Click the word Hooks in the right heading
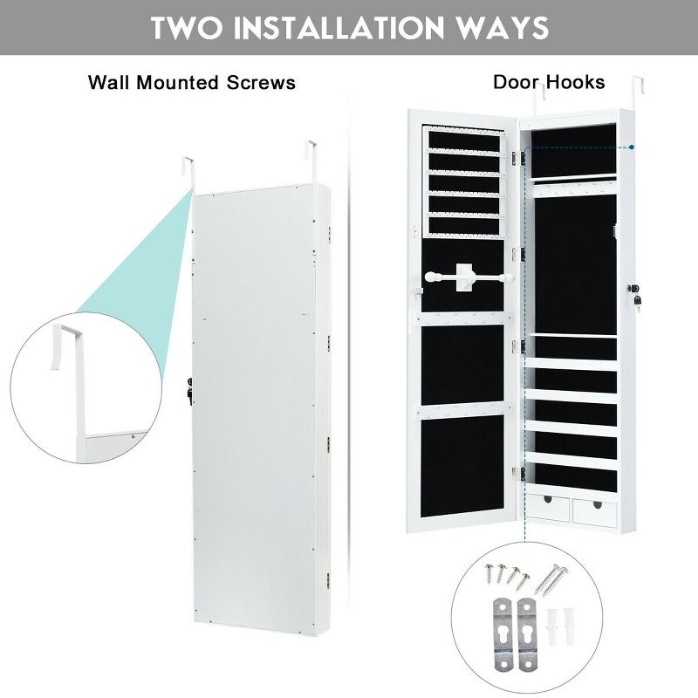(575, 82)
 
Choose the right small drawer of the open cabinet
(593, 508)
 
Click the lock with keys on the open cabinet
(636, 293)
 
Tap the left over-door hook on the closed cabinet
(188, 170)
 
